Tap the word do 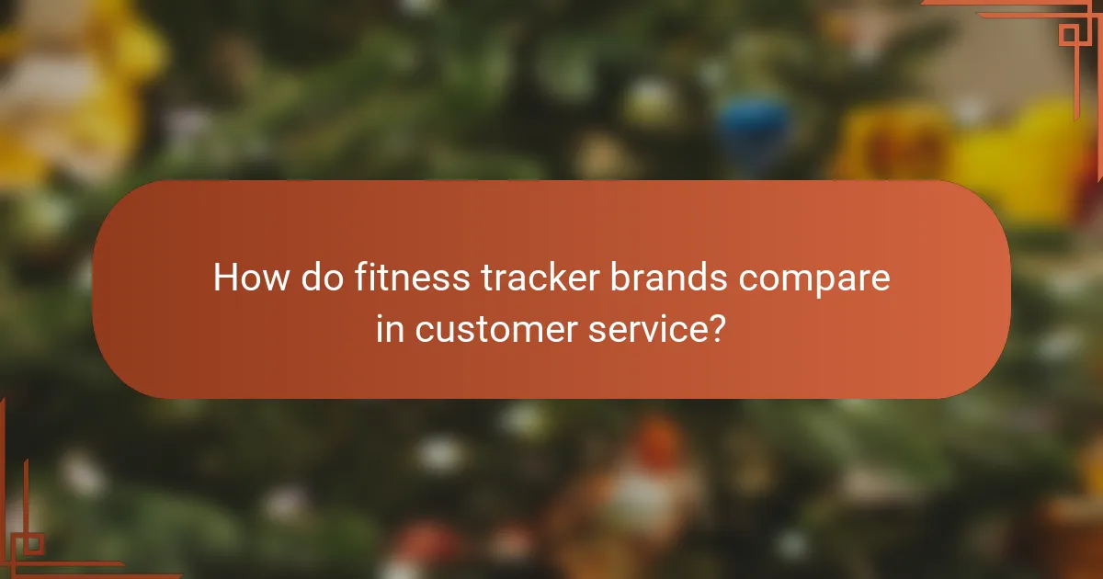click(324, 278)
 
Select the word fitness click(408, 278)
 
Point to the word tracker click(538, 278)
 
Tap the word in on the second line click(390, 328)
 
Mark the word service click(643, 329)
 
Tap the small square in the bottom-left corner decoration click(32, 543)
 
